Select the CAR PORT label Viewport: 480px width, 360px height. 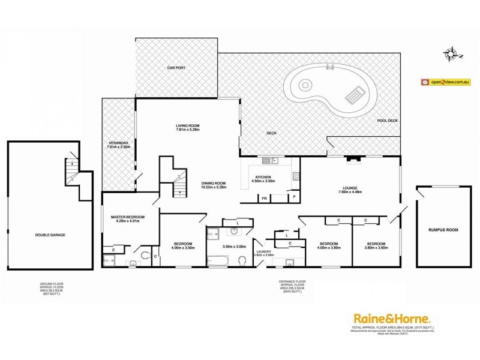point(176,68)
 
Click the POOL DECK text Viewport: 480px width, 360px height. point(387,121)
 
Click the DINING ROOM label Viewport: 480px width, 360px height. point(213,184)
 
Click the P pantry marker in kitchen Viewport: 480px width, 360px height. point(295,197)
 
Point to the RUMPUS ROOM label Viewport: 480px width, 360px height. point(443,229)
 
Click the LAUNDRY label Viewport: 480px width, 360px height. point(263,251)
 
